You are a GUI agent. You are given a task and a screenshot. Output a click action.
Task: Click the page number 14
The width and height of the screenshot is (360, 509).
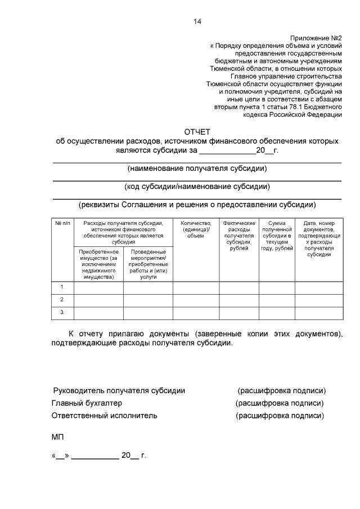point(197,22)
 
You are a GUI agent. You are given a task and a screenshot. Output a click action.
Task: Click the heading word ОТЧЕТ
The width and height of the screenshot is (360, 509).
point(197,132)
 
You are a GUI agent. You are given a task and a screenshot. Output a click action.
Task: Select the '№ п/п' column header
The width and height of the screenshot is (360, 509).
point(62,223)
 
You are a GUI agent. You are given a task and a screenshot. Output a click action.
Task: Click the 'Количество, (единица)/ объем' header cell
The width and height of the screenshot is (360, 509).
point(196,229)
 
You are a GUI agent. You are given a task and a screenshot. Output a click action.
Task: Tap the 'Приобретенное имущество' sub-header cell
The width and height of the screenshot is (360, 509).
point(98,264)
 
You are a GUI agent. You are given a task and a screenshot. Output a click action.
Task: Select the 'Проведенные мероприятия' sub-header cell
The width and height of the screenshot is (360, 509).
point(148,264)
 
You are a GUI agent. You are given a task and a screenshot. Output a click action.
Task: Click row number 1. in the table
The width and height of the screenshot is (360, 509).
point(62,288)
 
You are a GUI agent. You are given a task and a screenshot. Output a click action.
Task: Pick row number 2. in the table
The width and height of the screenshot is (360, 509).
point(62,300)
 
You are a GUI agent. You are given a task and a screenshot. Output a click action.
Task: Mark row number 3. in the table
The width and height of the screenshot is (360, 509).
point(62,313)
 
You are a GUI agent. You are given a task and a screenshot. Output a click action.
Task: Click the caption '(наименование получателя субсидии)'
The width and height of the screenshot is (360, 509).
point(197,169)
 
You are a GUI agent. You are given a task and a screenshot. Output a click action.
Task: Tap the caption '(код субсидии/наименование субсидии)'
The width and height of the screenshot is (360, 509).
point(197,187)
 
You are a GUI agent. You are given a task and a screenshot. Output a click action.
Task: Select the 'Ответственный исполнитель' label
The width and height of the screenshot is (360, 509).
point(105,416)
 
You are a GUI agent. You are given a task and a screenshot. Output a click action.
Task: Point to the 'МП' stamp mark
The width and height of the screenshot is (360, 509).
point(58,436)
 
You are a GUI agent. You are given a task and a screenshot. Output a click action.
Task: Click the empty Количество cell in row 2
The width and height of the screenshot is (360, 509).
point(196,300)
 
